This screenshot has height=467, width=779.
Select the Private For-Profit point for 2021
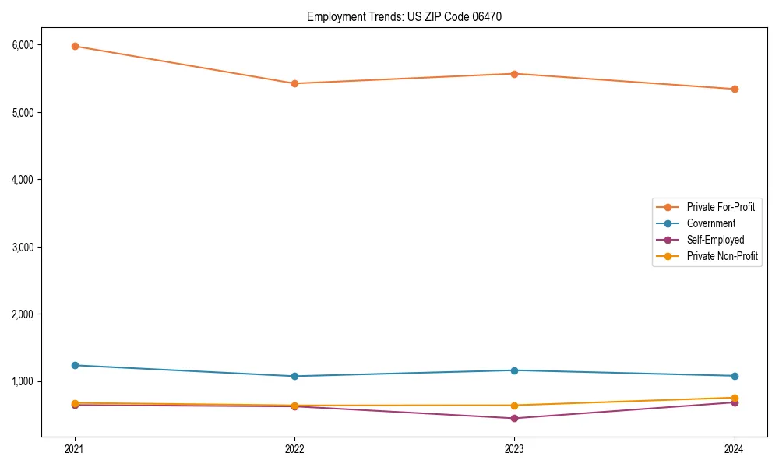[x=75, y=46]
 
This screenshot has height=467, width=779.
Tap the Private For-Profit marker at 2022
[x=294, y=83]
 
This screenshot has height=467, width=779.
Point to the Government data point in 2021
[x=75, y=365]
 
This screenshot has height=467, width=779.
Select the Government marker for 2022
[x=294, y=376]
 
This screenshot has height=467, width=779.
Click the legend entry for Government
[x=710, y=223]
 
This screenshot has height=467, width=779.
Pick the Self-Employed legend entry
[x=715, y=240]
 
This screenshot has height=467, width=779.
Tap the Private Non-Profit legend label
[x=722, y=256]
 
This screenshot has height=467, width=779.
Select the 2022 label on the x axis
[x=294, y=449]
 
